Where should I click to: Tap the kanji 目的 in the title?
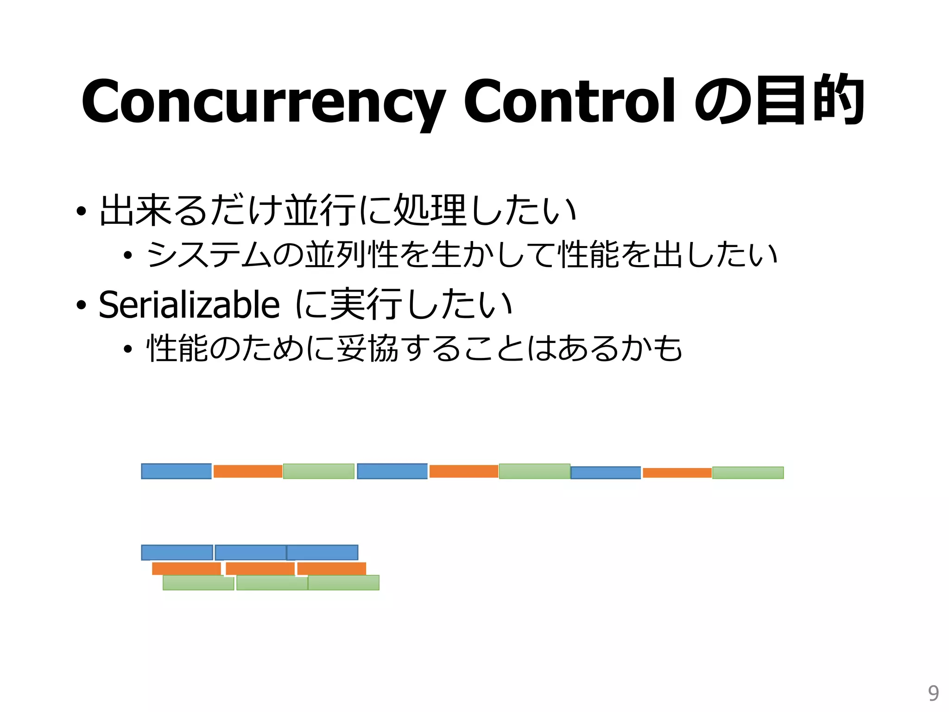click(x=810, y=100)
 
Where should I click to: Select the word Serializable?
click(x=189, y=305)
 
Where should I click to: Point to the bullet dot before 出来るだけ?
click(x=81, y=211)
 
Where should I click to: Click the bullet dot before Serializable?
click(x=81, y=305)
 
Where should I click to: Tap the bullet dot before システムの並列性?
click(x=128, y=255)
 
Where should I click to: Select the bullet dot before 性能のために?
click(x=128, y=349)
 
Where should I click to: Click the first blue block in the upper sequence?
click(x=176, y=471)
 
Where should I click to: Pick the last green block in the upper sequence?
click(x=747, y=472)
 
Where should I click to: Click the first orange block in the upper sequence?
click(x=248, y=471)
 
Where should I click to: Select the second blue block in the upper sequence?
click(x=392, y=471)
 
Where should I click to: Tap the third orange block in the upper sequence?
click(x=677, y=472)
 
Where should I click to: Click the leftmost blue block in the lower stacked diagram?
click(x=177, y=552)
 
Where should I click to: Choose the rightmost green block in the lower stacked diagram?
click(x=343, y=583)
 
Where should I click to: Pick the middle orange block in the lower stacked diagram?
click(x=260, y=568)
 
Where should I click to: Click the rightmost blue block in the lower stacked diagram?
click(x=323, y=552)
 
